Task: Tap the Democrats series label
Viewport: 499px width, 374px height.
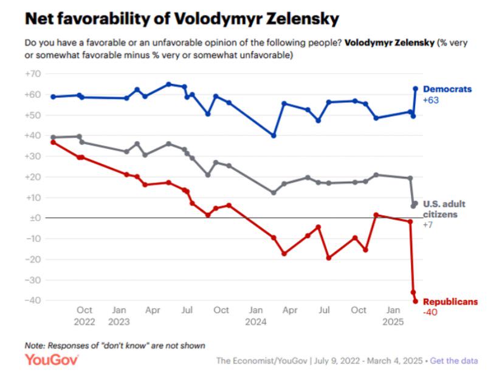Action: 447,89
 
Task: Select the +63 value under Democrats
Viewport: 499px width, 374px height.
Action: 431,100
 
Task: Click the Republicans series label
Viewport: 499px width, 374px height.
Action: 450,302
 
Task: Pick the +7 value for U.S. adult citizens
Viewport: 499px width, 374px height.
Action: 427,225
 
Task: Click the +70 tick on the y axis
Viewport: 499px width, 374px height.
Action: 32,74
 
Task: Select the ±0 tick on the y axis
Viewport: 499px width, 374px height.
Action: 33,218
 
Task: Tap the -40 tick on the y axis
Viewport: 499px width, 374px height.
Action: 33,300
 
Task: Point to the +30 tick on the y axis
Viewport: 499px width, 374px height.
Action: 32,156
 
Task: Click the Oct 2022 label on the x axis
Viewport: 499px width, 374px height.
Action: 84,316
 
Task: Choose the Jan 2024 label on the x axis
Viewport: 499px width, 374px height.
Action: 256,316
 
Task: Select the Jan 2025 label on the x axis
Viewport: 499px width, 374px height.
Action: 393,316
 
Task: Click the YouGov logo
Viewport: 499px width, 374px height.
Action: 52,360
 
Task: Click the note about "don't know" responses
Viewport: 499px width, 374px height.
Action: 115,345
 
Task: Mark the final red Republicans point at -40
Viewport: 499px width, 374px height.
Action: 415,301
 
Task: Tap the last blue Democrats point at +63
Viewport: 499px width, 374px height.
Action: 415,88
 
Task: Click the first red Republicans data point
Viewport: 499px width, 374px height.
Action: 53,142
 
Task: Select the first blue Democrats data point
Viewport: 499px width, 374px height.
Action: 53,97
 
